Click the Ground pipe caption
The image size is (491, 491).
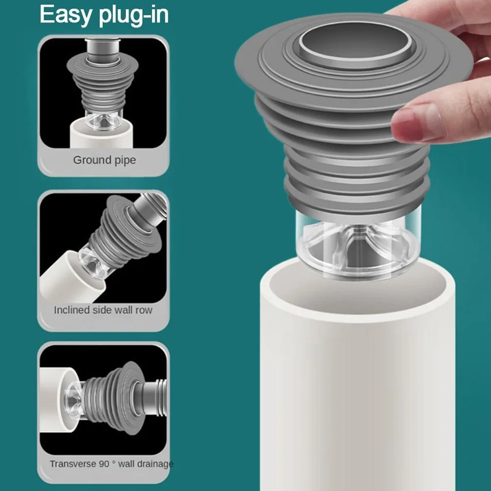pos(104,160)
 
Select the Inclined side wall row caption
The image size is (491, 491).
pos(103,310)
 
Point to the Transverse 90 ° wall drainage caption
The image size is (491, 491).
pos(111,464)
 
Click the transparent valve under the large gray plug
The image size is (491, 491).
pos(356,245)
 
